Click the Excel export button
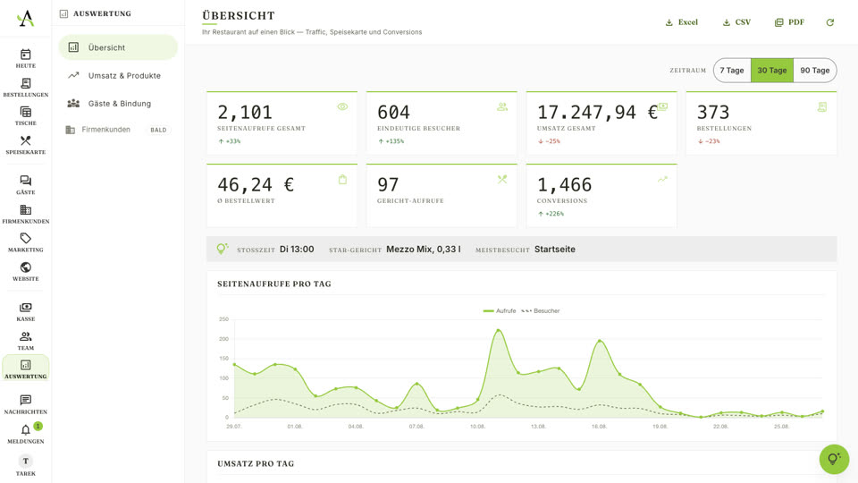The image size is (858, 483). click(x=681, y=22)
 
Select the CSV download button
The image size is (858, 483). click(x=736, y=22)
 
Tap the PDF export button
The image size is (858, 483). click(x=789, y=22)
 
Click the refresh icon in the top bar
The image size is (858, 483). click(x=830, y=22)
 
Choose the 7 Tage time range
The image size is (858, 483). click(x=732, y=70)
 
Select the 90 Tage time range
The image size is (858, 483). click(x=815, y=70)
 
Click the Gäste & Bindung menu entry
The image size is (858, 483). click(x=118, y=104)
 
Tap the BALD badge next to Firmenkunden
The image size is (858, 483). click(x=158, y=130)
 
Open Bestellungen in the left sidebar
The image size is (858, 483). click(x=26, y=87)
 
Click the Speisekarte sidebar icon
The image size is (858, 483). click(x=26, y=140)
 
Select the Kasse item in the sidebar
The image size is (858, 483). click(x=26, y=311)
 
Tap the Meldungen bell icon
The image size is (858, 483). click(x=26, y=430)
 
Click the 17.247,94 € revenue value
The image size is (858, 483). click(x=597, y=113)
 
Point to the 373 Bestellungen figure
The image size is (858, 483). click(x=713, y=113)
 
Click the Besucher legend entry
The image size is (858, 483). click(x=541, y=310)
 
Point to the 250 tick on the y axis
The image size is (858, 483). click(x=223, y=318)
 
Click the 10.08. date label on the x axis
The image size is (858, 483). click(x=477, y=426)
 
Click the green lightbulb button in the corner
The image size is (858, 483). click(x=834, y=459)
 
